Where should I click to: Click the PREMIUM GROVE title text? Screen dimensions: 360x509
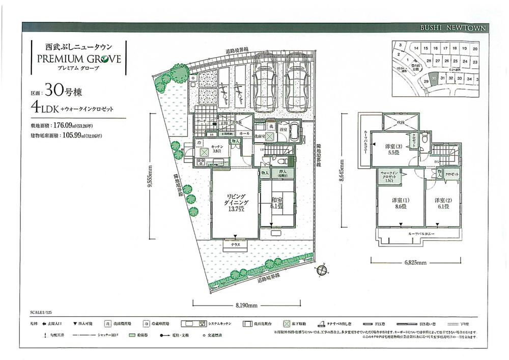[x=78, y=58]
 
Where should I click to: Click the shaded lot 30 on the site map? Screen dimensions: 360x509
[x=433, y=79]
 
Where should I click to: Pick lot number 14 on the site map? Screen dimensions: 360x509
[x=416, y=49]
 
